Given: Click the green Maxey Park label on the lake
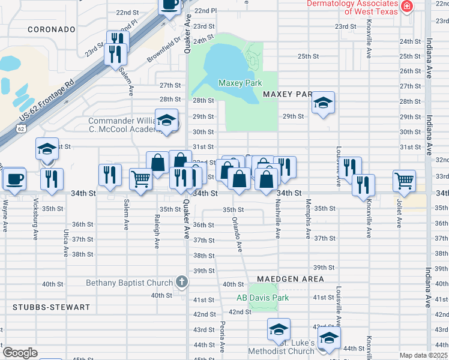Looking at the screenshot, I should [x=238, y=83].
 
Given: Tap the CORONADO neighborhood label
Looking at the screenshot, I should [x=52, y=29].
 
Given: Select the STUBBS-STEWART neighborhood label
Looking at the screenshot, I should [x=51, y=307].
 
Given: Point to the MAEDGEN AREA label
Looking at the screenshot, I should [x=291, y=279].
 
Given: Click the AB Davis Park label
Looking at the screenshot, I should [x=262, y=298].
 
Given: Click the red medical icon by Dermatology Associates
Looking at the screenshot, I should [x=408, y=6].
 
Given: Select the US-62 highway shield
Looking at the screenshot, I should [x=22, y=128].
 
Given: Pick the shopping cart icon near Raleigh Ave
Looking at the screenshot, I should [x=140, y=178].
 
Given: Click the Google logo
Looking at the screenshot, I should [x=20, y=353].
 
